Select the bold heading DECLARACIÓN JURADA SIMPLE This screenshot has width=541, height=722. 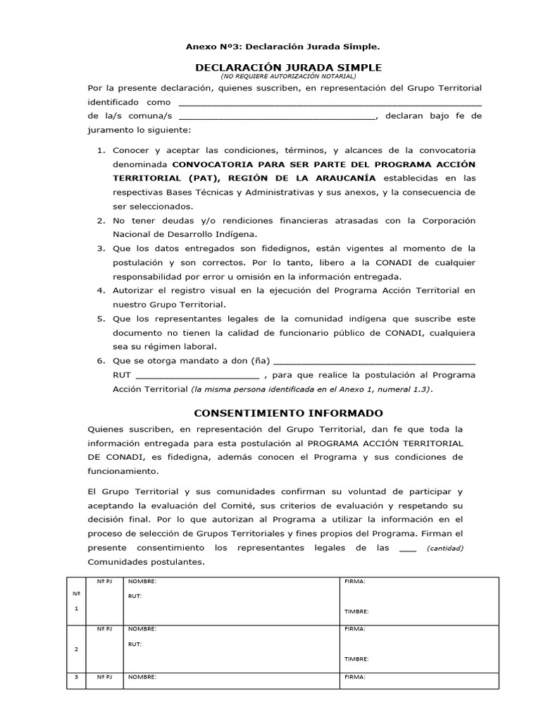point(288,67)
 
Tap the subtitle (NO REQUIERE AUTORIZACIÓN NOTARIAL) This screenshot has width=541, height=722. point(288,75)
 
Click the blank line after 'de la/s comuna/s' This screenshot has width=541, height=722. point(278,117)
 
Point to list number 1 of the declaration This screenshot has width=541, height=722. point(101,150)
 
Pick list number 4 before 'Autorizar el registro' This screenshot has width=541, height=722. point(101,290)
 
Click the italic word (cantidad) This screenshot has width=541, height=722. point(445,549)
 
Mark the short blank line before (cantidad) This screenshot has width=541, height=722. point(408,549)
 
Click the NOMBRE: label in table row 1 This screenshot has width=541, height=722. point(142,582)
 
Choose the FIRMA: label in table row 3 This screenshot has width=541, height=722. point(354,677)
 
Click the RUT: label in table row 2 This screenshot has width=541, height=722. point(135,644)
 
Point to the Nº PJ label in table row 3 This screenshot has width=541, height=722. point(104,677)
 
